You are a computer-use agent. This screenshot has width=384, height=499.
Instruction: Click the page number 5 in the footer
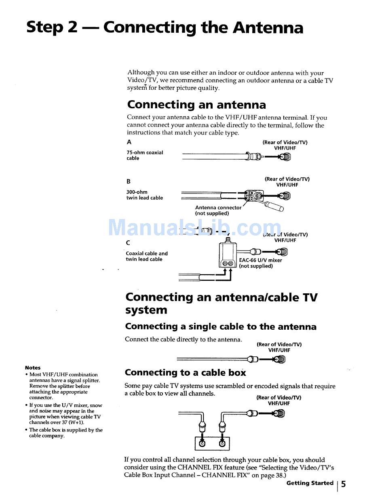[x=344, y=484]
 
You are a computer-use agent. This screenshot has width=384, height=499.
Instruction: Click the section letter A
[x=129, y=142]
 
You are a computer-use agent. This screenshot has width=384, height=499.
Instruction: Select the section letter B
[x=129, y=181]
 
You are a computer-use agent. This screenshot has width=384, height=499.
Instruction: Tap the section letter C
[x=128, y=243]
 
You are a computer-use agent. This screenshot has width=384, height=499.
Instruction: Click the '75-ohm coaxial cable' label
[x=144, y=156]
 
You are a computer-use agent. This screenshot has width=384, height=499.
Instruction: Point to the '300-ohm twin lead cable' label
[x=144, y=195]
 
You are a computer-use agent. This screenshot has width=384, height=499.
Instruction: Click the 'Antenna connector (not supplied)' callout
[x=218, y=211]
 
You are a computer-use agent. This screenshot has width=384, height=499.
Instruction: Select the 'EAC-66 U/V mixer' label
[x=260, y=261]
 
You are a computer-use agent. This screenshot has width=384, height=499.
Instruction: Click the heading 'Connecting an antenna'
[x=196, y=105]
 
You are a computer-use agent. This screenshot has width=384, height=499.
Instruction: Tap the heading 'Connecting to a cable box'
[x=185, y=373]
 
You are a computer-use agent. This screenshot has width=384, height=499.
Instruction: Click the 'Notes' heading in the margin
[x=33, y=368]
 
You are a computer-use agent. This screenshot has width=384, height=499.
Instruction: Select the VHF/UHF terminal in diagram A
[x=285, y=157]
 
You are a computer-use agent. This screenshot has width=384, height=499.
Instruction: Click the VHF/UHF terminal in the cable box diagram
[x=280, y=413]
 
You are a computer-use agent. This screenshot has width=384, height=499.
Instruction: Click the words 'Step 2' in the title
[x=52, y=27]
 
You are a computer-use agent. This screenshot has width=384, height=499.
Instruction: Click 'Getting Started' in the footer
[x=310, y=483]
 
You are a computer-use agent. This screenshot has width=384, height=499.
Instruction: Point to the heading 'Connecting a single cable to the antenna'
[x=221, y=326]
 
